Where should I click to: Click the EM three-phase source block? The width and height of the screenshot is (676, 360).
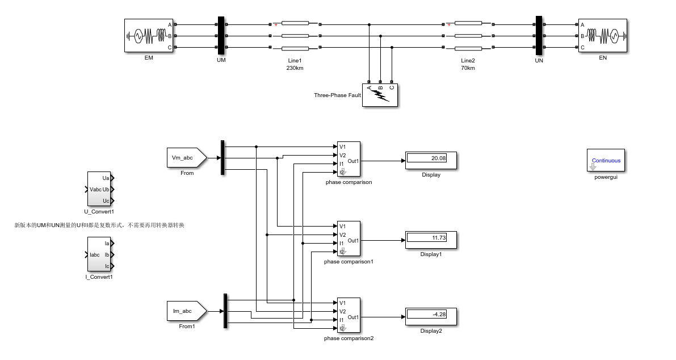point(149,36)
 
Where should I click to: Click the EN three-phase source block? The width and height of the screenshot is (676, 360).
point(603,36)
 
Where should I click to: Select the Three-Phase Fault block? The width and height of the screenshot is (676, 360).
point(380,95)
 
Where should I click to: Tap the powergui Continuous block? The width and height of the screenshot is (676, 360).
point(606,160)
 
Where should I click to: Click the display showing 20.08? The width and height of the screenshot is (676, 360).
point(431,161)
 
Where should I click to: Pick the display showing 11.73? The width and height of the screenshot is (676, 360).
point(431,240)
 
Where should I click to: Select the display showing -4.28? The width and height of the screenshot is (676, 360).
point(431,317)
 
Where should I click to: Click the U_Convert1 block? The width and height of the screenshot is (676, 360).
point(99,190)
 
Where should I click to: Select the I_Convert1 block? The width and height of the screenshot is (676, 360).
point(99,255)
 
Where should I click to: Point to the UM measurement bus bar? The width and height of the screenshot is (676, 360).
point(221,36)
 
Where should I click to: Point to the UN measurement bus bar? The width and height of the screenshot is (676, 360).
point(539,36)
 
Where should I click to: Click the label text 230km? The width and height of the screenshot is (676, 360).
point(295,68)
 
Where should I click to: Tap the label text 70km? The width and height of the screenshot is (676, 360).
point(468,68)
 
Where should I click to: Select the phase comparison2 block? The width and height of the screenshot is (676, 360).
point(349,316)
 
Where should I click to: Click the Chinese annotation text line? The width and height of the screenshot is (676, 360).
point(99,225)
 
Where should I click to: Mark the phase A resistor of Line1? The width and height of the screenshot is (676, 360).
point(295,24)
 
